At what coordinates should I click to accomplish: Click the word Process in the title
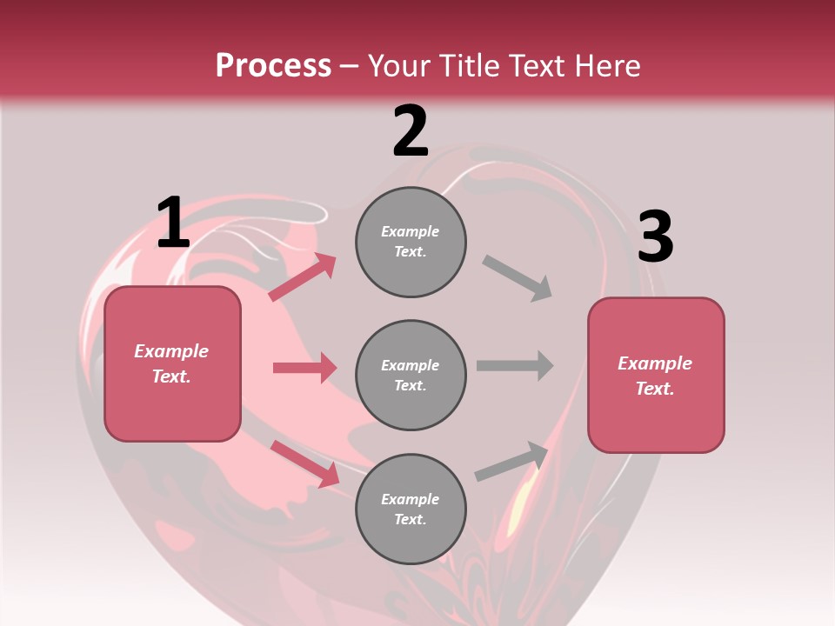273,66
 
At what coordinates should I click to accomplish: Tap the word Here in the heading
604,66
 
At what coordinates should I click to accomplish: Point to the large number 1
172,223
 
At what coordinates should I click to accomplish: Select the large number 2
411,131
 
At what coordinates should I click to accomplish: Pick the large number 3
655,237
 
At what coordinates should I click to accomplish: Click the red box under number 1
172,363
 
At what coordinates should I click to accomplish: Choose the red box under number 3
656,375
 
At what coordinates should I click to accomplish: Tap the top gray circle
411,242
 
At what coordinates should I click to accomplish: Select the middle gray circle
411,375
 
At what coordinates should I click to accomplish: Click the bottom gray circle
411,509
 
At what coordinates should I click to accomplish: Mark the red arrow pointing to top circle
303,277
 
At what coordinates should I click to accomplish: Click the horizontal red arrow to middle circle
304,368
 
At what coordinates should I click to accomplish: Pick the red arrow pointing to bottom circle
304,463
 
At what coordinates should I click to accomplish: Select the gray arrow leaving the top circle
518,278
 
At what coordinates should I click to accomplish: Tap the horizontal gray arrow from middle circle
515,365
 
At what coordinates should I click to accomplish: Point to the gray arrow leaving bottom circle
512,461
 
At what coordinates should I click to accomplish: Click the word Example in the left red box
171,351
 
